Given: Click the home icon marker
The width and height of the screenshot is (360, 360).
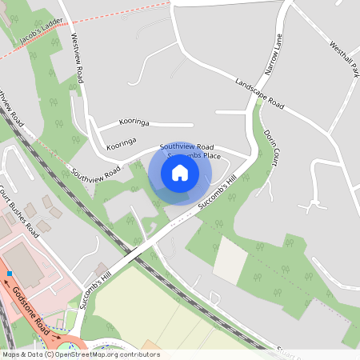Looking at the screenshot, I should pyautogui.click(x=180, y=172).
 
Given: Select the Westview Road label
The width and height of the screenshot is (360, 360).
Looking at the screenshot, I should pyautogui.click(x=77, y=58).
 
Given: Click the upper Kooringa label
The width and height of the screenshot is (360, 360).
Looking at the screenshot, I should pyautogui.click(x=134, y=122).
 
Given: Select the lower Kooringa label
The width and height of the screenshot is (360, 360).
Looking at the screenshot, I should pyautogui.click(x=121, y=144).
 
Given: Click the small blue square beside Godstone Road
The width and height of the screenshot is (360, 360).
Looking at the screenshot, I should pyautogui.click(x=10, y=274).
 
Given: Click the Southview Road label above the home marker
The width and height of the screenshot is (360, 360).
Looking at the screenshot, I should pyautogui.click(x=186, y=147).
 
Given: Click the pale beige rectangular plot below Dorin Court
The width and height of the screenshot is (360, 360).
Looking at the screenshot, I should pyautogui.click(x=231, y=261).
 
